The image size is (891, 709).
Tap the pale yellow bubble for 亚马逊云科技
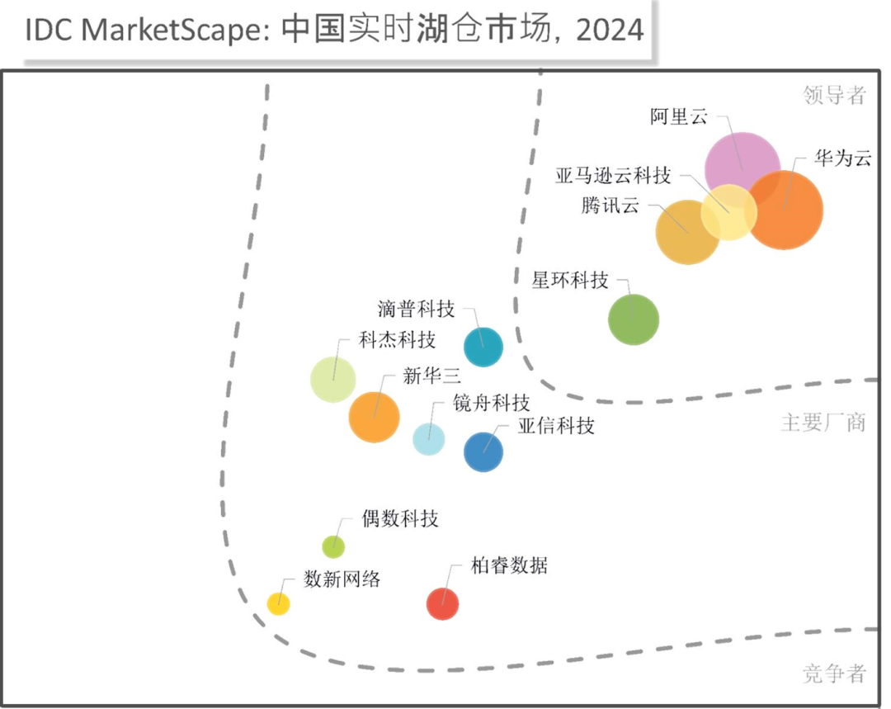[729, 212]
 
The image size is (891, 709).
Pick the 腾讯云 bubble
[687, 232]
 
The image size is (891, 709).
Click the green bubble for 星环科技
[634, 319]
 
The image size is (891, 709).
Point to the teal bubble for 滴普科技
[483, 347]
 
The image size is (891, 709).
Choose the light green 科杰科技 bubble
[333, 379]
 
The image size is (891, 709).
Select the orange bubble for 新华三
[374, 416]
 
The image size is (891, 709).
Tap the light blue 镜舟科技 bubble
[429, 438]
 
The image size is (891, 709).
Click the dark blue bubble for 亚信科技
[483, 451]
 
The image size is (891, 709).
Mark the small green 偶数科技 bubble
[332, 546]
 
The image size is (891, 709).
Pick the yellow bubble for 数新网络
[278, 603]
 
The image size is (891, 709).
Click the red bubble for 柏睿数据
[442, 603]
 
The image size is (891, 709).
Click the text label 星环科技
[570, 281]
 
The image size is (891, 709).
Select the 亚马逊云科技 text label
[613, 176]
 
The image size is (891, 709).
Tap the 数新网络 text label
[342, 579]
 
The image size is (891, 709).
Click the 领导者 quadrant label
[835, 96]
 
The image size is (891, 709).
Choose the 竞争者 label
[835, 676]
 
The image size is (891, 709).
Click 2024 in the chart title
[611, 31]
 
